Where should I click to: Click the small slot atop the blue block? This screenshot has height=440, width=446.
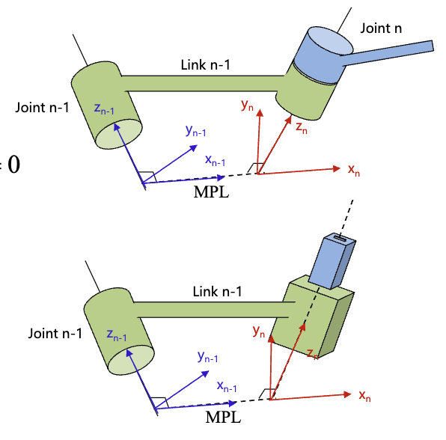tap(343, 240)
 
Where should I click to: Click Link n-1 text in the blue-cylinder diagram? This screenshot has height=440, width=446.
tap(206, 65)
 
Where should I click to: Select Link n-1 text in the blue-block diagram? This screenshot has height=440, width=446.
tap(218, 290)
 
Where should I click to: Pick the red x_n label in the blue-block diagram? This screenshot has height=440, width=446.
tap(364, 394)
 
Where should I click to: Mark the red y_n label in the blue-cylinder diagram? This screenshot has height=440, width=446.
tap(248, 106)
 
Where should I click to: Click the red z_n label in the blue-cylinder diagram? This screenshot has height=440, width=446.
tap(301, 128)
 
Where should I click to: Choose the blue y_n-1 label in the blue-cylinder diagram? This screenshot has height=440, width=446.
tap(196, 130)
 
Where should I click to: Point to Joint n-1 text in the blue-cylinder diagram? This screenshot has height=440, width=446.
tap(42, 107)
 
